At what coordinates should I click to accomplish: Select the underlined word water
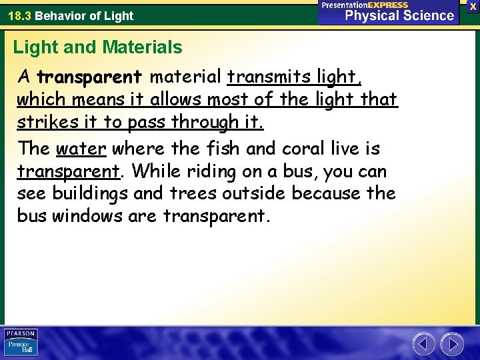tap(81, 148)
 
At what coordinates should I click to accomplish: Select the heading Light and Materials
tap(97, 47)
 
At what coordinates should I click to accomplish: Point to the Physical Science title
tap(399, 15)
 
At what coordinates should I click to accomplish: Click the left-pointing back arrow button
tap(423, 344)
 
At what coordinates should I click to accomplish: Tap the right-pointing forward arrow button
tap(453, 344)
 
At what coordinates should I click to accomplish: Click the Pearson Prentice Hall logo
tap(21, 343)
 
